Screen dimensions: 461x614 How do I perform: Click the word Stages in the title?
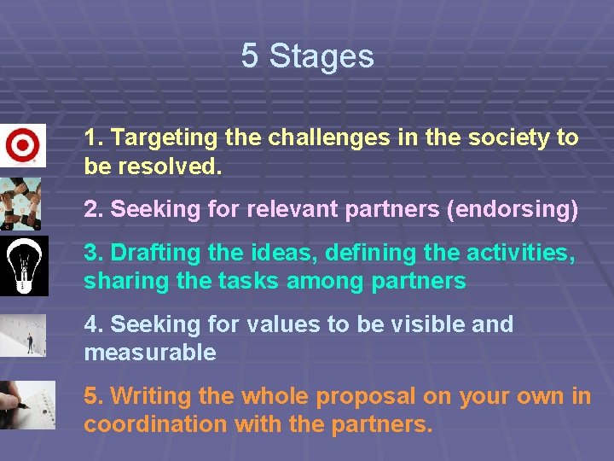(321, 56)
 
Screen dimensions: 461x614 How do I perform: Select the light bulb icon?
(23, 265)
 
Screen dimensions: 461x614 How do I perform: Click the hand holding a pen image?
(26, 405)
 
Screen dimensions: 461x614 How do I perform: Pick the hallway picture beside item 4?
(23, 336)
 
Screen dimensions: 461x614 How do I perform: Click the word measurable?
(150, 353)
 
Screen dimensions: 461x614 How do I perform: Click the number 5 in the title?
(249, 56)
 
